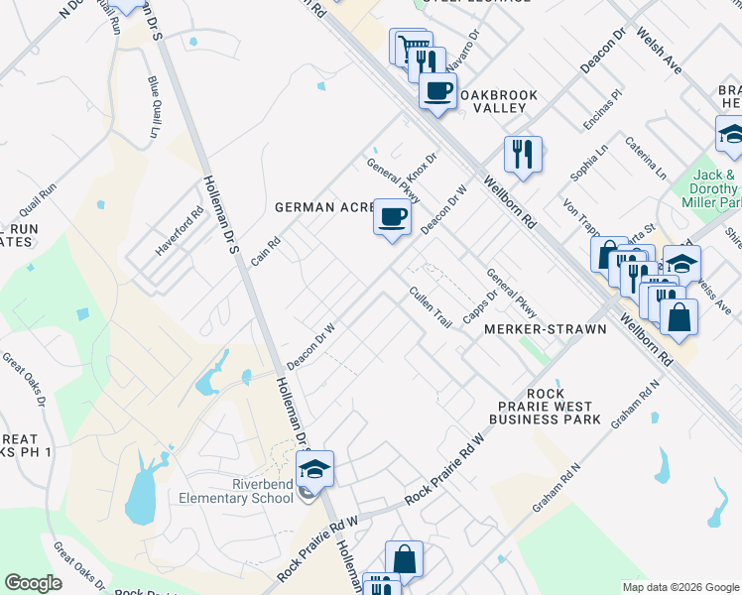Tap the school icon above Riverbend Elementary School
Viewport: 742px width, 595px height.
pos(314,468)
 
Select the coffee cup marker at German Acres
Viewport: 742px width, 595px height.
pos(393,216)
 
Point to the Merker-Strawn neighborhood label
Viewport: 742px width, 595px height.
pos(545,328)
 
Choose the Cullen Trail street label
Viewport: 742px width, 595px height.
pos(431,307)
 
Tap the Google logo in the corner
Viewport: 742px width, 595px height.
pos(33,583)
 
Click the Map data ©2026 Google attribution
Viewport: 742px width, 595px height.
pos(680,587)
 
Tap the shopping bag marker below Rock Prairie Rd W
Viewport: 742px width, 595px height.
pos(404,559)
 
